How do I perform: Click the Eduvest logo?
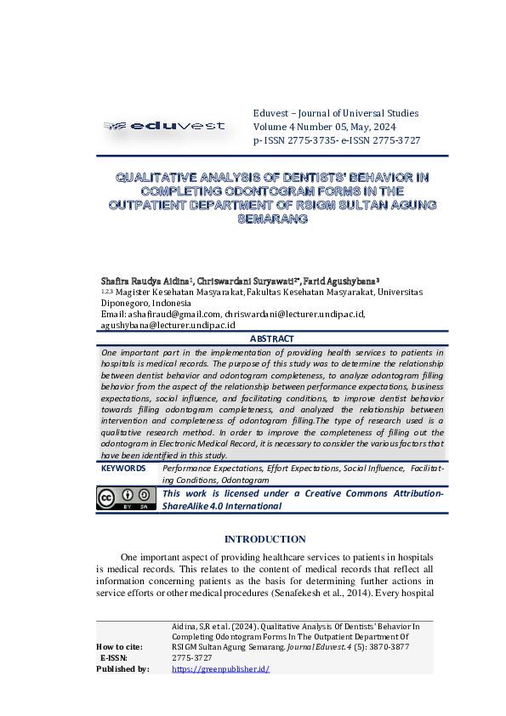(164, 126)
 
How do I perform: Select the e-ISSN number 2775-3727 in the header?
(393, 140)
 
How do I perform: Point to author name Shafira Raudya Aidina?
(145, 280)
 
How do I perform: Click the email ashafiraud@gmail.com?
(173, 314)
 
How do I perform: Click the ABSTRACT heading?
(271, 338)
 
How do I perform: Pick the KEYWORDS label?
(123, 468)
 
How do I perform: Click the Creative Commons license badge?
(125, 499)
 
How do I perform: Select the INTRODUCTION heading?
(264, 539)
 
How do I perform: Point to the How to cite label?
(119, 647)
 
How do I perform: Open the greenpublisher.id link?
(220, 669)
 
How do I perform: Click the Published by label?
(122, 669)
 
